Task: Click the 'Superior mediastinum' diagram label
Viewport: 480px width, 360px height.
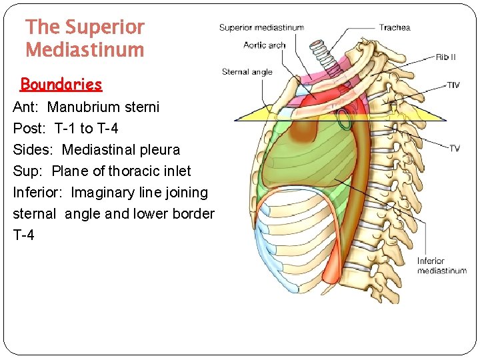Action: [x=261, y=28]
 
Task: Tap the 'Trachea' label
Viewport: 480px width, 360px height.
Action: [x=395, y=28]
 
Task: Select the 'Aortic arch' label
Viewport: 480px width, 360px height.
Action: [x=265, y=45]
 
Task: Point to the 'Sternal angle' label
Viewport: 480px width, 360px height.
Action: [x=247, y=72]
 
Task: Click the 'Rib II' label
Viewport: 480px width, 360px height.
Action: [x=446, y=57]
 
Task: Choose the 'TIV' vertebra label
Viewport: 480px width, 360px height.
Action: [x=453, y=85]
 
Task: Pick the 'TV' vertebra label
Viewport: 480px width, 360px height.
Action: [x=453, y=148]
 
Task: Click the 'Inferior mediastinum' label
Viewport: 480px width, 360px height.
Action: [x=441, y=266]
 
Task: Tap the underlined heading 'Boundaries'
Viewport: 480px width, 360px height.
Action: [x=61, y=85]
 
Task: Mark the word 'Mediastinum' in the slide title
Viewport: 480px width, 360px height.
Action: [x=85, y=50]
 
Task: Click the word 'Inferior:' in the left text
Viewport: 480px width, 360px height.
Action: [x=39, y=192]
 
